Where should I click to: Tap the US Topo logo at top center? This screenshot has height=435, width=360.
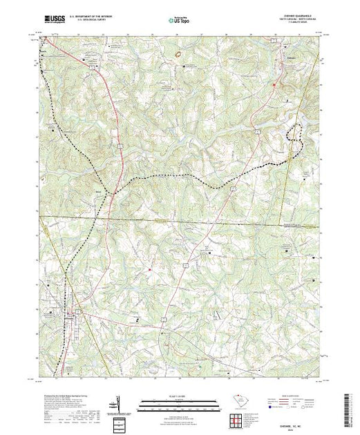[180, 21]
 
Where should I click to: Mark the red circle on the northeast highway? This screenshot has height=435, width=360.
[274, 86]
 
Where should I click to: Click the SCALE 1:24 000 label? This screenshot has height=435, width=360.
[180, 398]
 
